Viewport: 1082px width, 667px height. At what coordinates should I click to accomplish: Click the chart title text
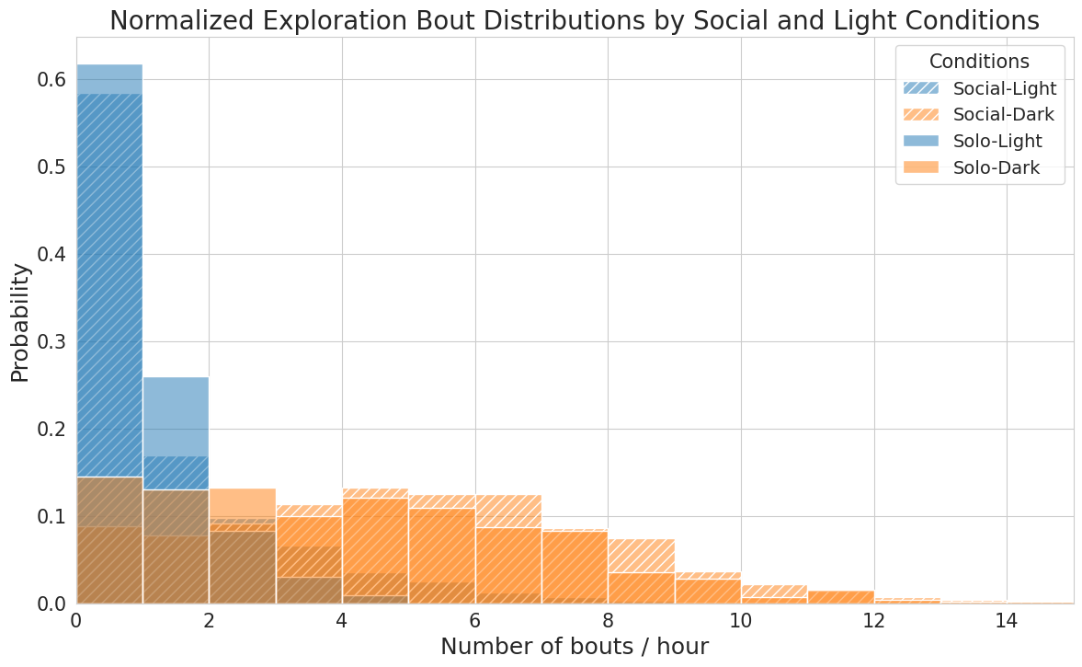pyautogui.click(x=575, y=20)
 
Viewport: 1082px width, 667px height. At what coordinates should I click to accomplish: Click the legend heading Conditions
pyautogui.click(x=979, y=62)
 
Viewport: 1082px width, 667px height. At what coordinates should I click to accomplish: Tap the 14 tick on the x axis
pyautogui.click(x=1007, y=621)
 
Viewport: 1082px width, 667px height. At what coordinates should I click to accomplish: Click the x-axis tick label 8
pyautogui.click(x=608, y=621)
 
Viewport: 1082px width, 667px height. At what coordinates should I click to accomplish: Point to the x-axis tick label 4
pyautogui.click(x=342, y=621)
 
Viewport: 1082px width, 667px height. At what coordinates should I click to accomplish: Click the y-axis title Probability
pyautogui.click(x=20, y=322)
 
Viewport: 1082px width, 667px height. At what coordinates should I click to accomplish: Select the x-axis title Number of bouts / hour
pyautogui.click(x=575, y=647)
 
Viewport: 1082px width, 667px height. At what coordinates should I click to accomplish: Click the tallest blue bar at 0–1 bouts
pyautogui.click(x=109, y=276)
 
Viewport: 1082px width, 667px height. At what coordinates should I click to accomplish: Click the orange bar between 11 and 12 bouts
pyautogui.click(x=840, y=597)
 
